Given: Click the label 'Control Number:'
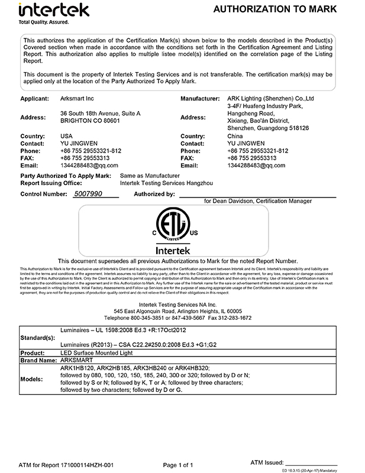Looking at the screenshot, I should (x=44, y=194).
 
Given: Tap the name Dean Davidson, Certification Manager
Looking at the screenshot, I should (x=258, y=201).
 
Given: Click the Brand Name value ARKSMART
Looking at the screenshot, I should (x=77, y=359).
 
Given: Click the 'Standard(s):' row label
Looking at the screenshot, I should (x=38, y=338).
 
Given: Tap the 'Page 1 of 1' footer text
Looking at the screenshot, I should (x=177, y=465).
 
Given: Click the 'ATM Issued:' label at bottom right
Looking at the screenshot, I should (x=266, y=462).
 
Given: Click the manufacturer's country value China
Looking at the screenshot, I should (x=235, y=136).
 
